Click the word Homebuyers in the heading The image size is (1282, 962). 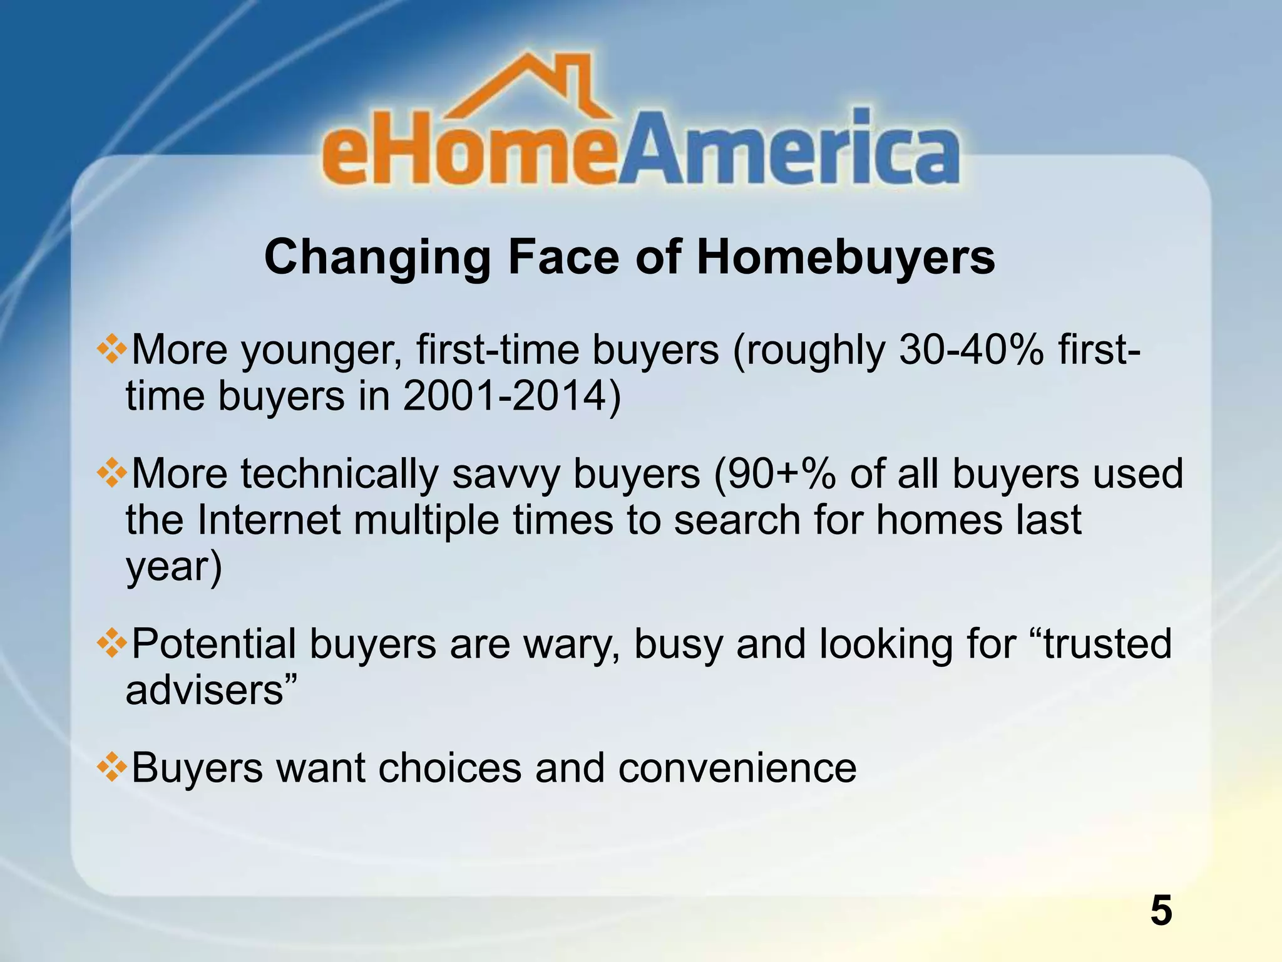[x=845, y=257]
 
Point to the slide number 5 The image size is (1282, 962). [x=1161, y=911]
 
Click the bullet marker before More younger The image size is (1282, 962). [x=112, y=349]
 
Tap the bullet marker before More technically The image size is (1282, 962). [x=112, y=473]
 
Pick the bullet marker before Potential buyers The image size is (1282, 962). [x=112, y=644]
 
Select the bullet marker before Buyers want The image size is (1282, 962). [x=112, y=768]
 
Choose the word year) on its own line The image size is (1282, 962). [x=174, y=567]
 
